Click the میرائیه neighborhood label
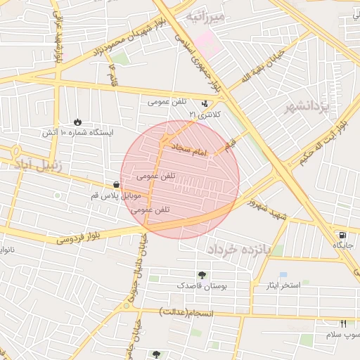[205, 15]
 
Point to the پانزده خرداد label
[238, 249]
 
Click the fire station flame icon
[77, 121]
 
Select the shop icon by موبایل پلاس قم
[115, 184]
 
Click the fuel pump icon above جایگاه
[342, 235]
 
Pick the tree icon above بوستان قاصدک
[202, 275]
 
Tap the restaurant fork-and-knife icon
[344, 323]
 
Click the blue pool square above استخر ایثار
[283, 274]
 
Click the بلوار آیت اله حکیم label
[322, 146]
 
